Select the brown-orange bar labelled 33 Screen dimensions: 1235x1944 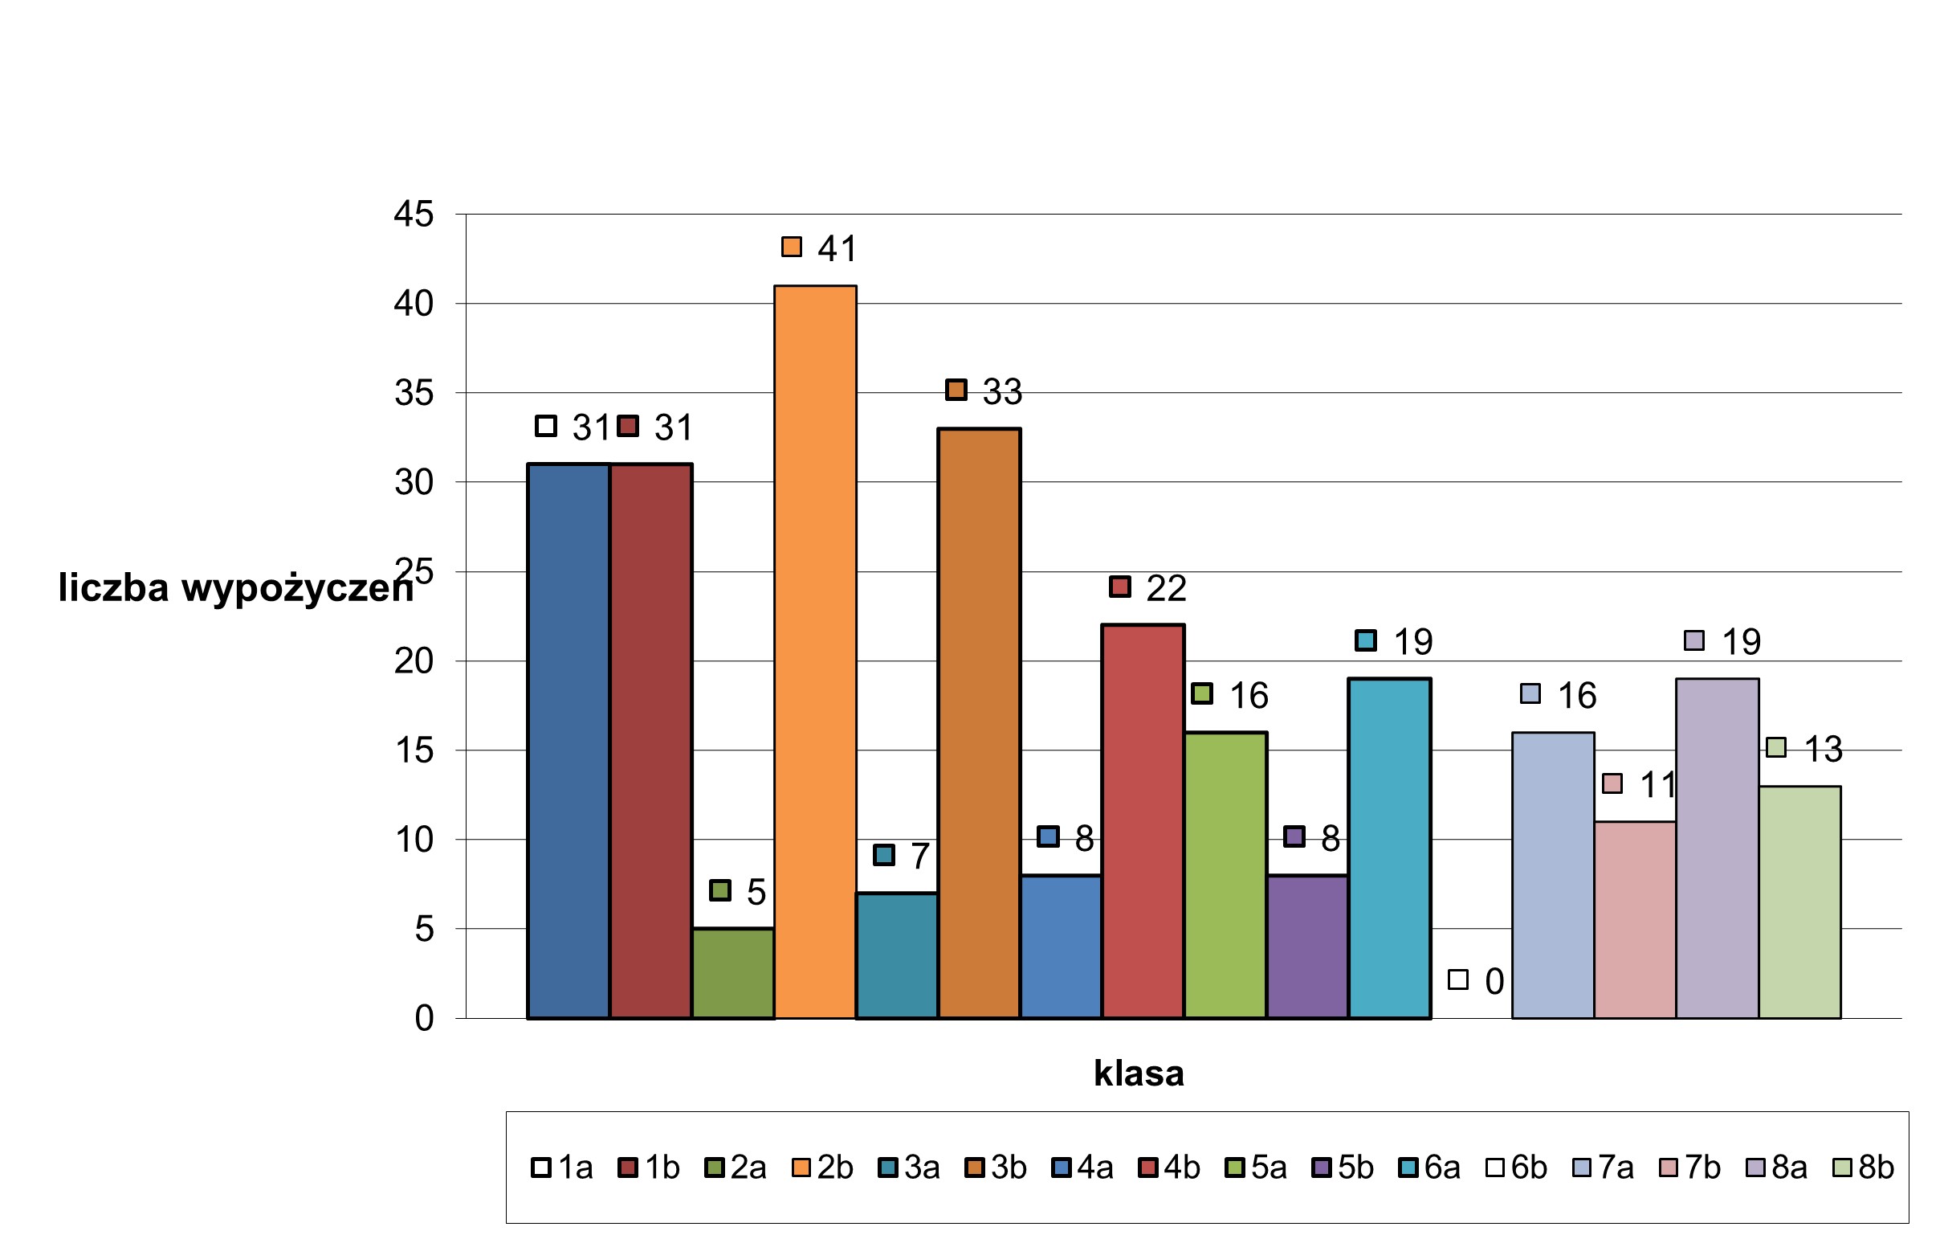point(979,723)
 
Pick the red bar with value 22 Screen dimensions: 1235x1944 point(1143,820)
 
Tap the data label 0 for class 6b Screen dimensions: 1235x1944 point(1494,982)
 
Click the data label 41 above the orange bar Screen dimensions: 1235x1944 point(837,249)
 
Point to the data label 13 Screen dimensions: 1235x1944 point(1823,750)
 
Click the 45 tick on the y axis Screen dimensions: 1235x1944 point(414,215)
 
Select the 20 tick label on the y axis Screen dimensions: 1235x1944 point(414,661)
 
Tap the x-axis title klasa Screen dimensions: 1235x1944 point(1139,1073)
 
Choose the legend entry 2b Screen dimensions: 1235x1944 point(823,1168)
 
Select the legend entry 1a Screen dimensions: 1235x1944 point(563,1168)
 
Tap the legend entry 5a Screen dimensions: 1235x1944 point(1256,1168)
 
